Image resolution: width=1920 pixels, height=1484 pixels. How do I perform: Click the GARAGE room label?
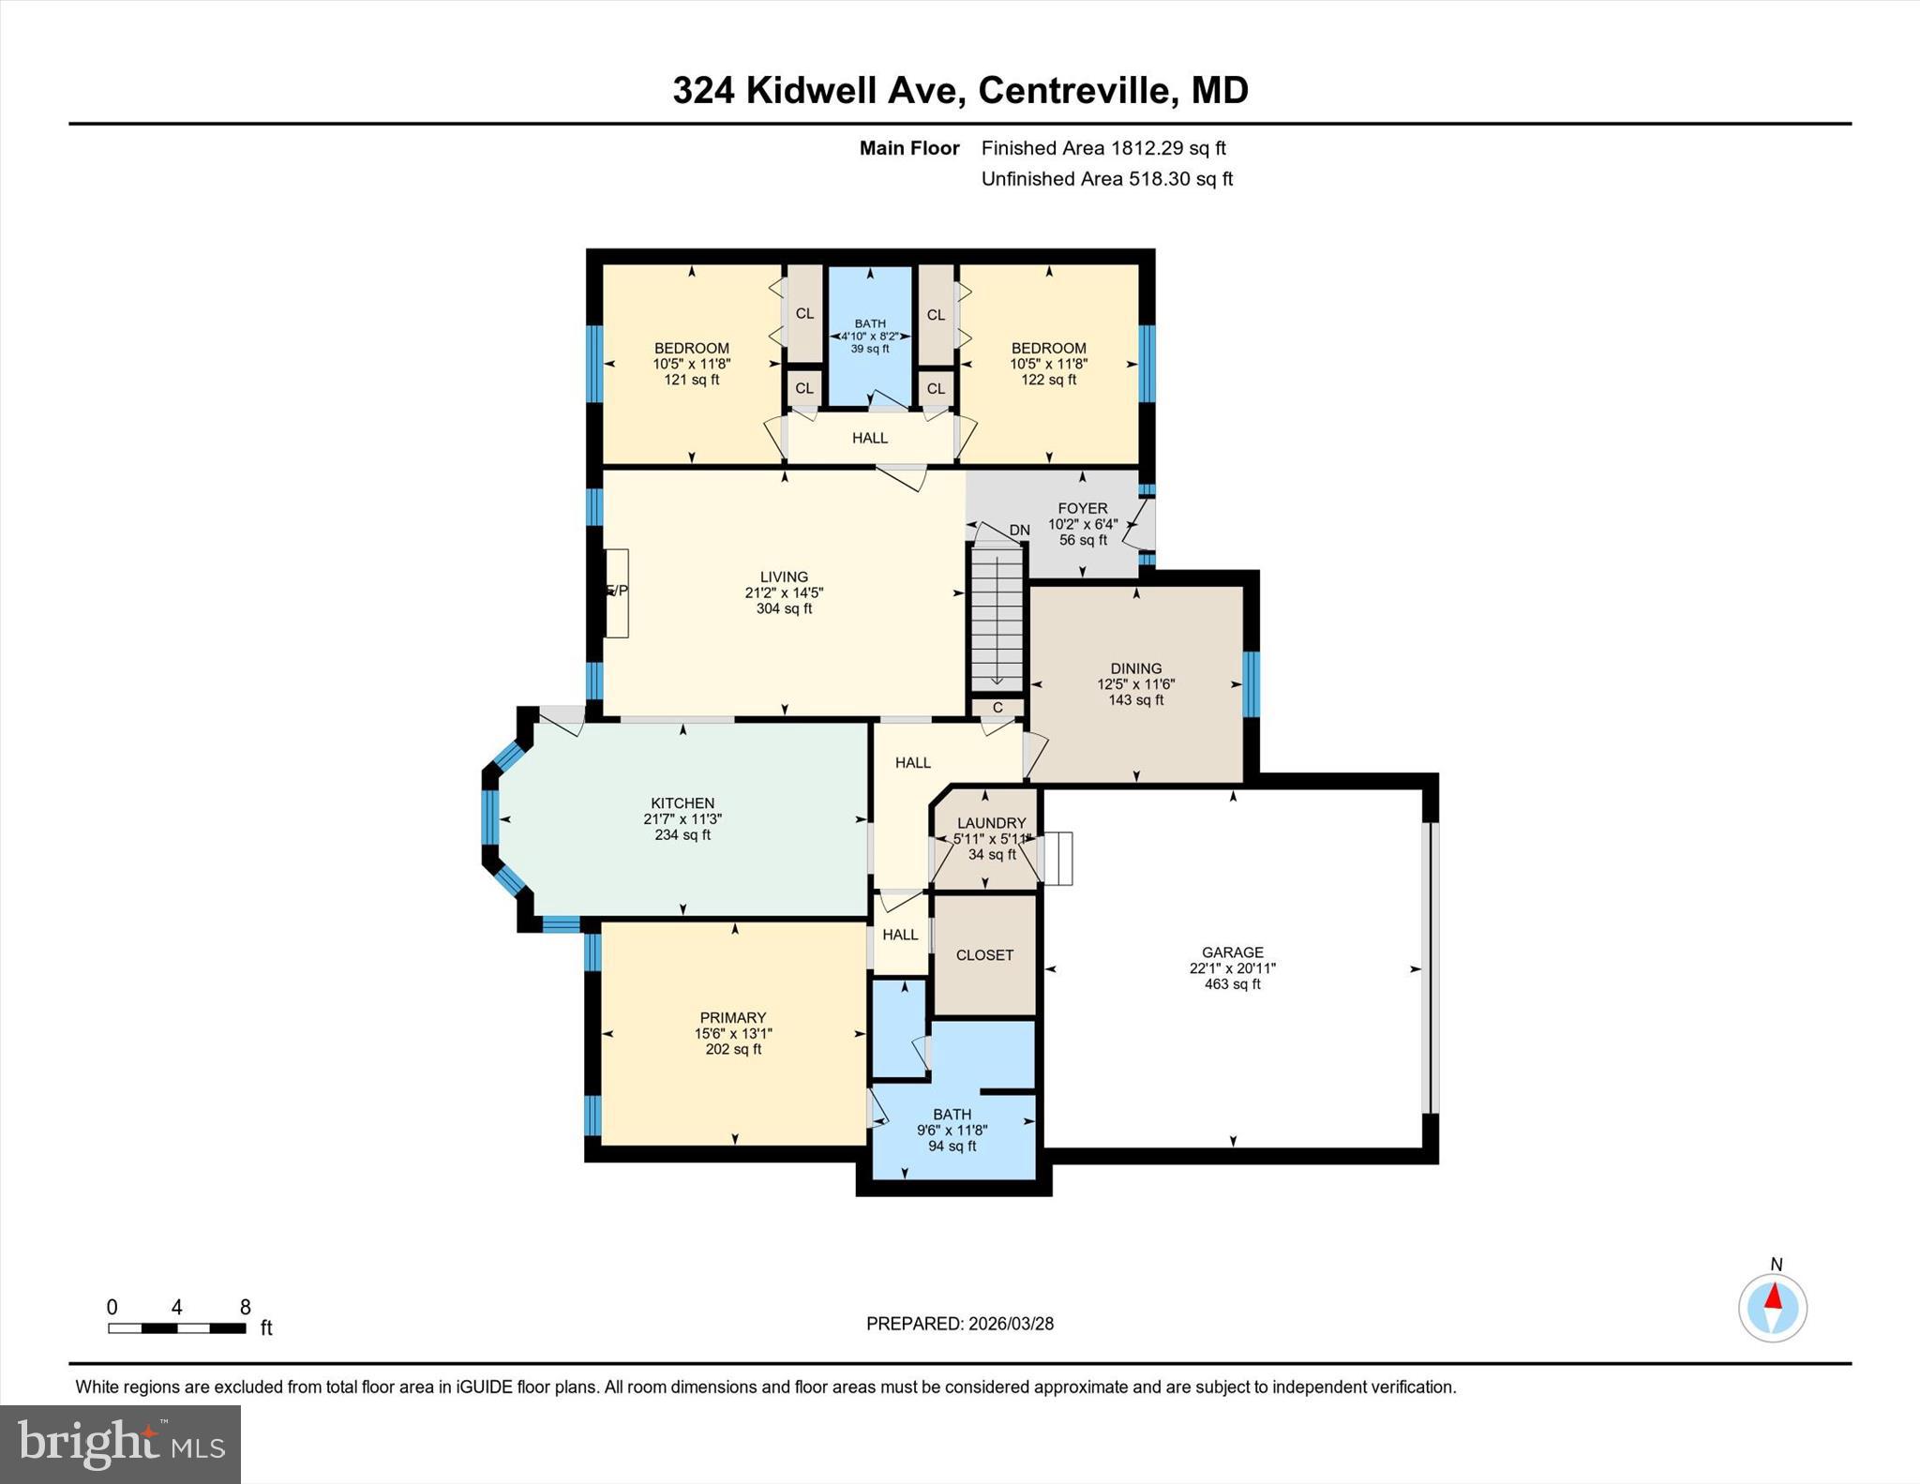coord(1232,952)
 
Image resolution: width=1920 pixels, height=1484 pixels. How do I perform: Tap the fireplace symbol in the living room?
coord(616,592)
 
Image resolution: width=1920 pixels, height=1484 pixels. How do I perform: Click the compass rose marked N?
coord(1772,1307)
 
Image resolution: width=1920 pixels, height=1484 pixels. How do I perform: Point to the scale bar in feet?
coord(177,1327)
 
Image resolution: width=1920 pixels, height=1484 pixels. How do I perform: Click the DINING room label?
coord(1135,668)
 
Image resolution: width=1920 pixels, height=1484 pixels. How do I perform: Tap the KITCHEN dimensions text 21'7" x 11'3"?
coord(682,819)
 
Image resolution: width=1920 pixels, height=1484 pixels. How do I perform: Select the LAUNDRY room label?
coord(991,823)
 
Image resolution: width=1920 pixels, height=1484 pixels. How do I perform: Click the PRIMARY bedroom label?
coord(733,1017)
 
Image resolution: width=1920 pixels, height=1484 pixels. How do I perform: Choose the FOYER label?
coord(1082,508)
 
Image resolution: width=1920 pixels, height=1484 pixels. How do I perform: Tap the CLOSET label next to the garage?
coord(984,955)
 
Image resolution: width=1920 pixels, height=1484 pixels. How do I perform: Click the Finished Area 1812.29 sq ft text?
coord(1103,148)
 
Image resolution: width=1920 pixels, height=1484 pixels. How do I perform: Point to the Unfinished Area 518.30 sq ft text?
coord(1106,179)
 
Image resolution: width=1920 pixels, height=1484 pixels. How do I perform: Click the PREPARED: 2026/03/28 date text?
coord(959,1324)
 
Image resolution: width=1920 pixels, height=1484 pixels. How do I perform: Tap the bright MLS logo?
coord(120,1444)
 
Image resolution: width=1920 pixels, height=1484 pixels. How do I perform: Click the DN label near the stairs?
coord(1019,530)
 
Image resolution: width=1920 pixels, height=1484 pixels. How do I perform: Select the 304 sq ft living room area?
coord(784,608)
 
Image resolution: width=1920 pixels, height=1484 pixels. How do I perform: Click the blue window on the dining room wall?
coord(1251,684)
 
